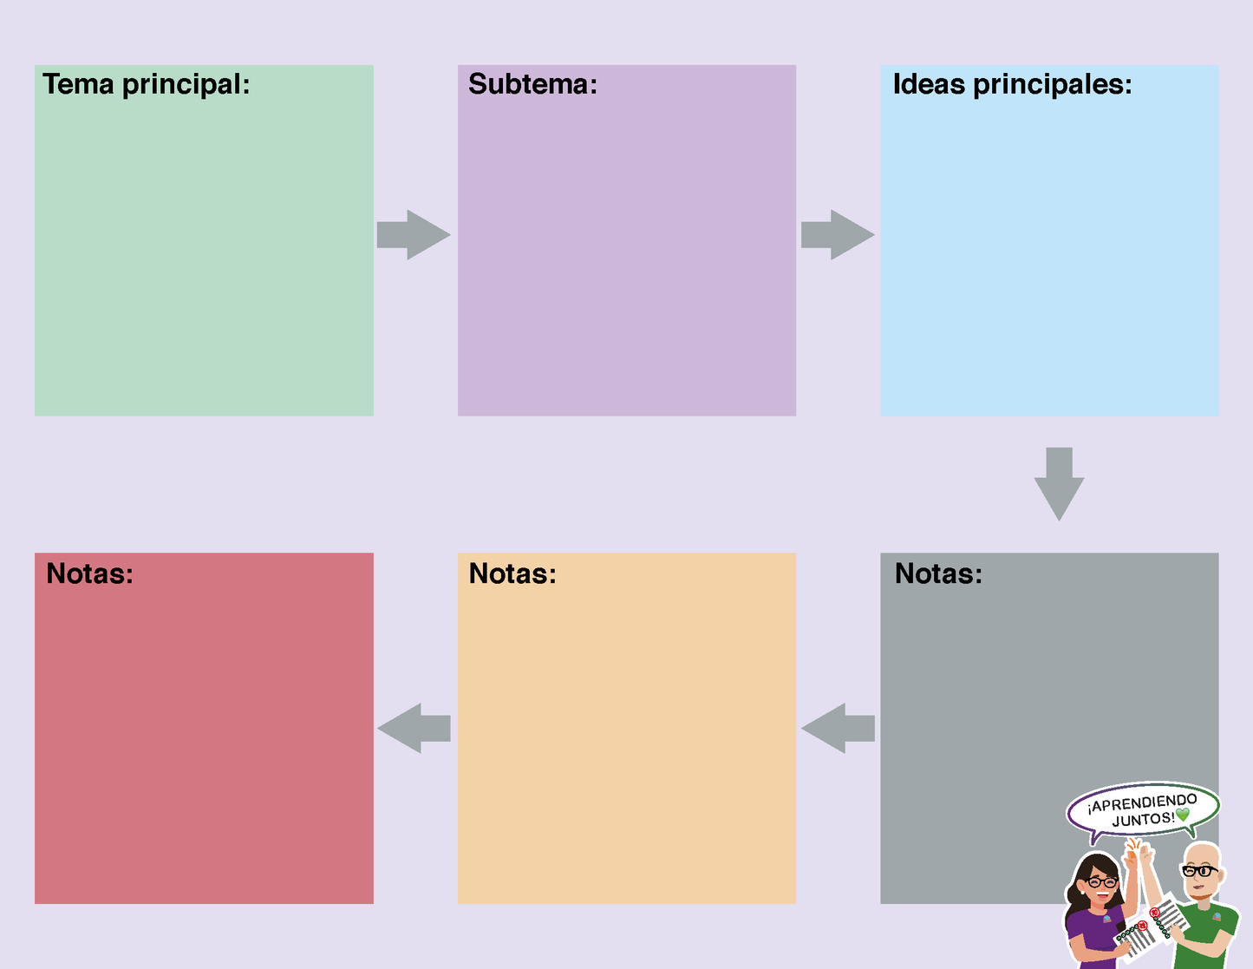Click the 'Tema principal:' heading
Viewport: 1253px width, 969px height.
pos(146,84)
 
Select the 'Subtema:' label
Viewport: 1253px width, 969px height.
pos(532,84)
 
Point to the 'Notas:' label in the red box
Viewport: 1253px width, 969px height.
pos(89,573)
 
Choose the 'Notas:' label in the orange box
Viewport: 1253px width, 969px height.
pos(512,573)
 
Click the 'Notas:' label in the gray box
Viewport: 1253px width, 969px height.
pos(938,573)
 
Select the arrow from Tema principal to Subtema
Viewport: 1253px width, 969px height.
pos(414,234)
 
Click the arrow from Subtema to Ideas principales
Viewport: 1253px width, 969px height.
pos(837,234)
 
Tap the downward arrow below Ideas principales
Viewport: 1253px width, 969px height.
pos(1059,483)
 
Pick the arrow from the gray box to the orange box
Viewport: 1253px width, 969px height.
pos(837,728)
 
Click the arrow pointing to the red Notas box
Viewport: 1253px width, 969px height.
pos(414,728)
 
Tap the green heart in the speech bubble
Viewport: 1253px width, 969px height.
pos(1182,815)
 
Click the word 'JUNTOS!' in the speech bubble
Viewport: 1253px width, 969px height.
pos(1143,819)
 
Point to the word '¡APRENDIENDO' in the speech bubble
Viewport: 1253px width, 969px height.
pos(1142,802)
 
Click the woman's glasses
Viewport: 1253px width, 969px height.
pos(1101,882)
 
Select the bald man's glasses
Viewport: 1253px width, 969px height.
pos(1200,870)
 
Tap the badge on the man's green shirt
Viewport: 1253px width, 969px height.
pos(1217,916)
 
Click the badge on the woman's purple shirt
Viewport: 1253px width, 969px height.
pos(1106,918)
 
